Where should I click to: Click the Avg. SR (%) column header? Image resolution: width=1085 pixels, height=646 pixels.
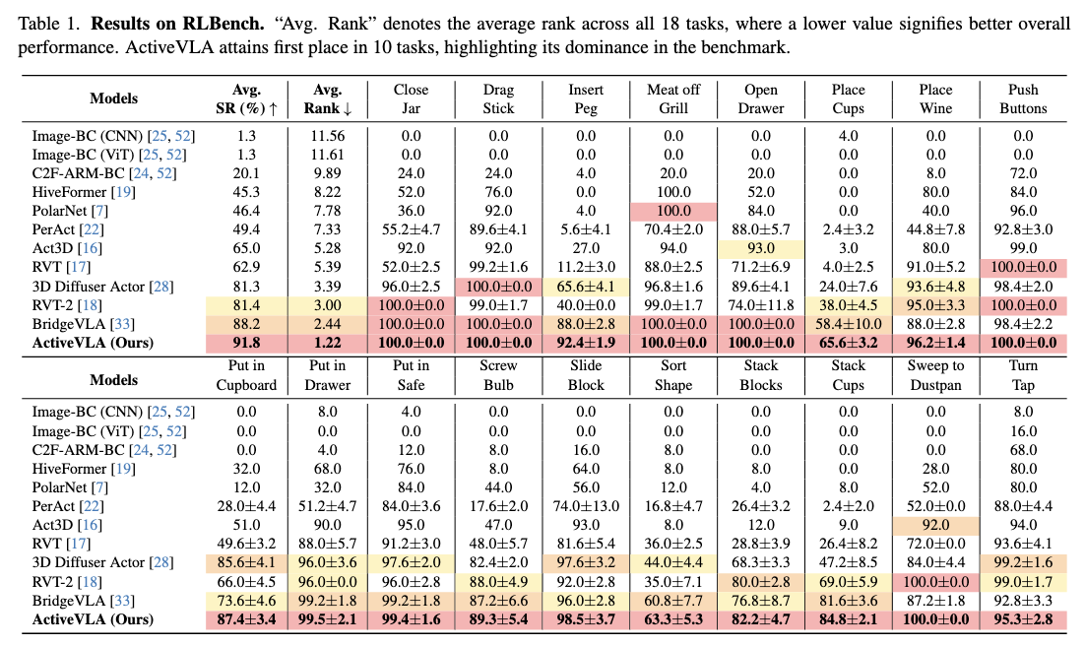[x=245, y=98]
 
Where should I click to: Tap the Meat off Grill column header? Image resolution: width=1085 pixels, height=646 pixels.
[x=673, y=98]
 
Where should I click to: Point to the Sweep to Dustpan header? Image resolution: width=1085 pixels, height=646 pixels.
[x=935, y=373]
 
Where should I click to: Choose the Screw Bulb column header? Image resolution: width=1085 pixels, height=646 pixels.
[x=498, y=373]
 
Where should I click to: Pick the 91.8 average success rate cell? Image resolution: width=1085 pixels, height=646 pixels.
[x=245, y=343]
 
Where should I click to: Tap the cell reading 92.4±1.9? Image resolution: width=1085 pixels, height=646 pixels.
[x=586, y=343]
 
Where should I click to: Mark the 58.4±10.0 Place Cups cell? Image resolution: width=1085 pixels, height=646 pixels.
[x=849, y=324]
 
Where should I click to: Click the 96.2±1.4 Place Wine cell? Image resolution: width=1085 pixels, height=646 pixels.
[x=935, y=343]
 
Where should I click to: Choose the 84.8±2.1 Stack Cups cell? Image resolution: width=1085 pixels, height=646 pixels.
[x=849, y=619]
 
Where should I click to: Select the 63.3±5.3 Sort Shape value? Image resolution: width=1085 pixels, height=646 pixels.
[x=673, y=619]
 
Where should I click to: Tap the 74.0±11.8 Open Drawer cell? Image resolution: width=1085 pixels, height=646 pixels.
[x=761, y=305]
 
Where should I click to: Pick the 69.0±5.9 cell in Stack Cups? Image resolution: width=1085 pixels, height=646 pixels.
[x=849, y=582]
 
